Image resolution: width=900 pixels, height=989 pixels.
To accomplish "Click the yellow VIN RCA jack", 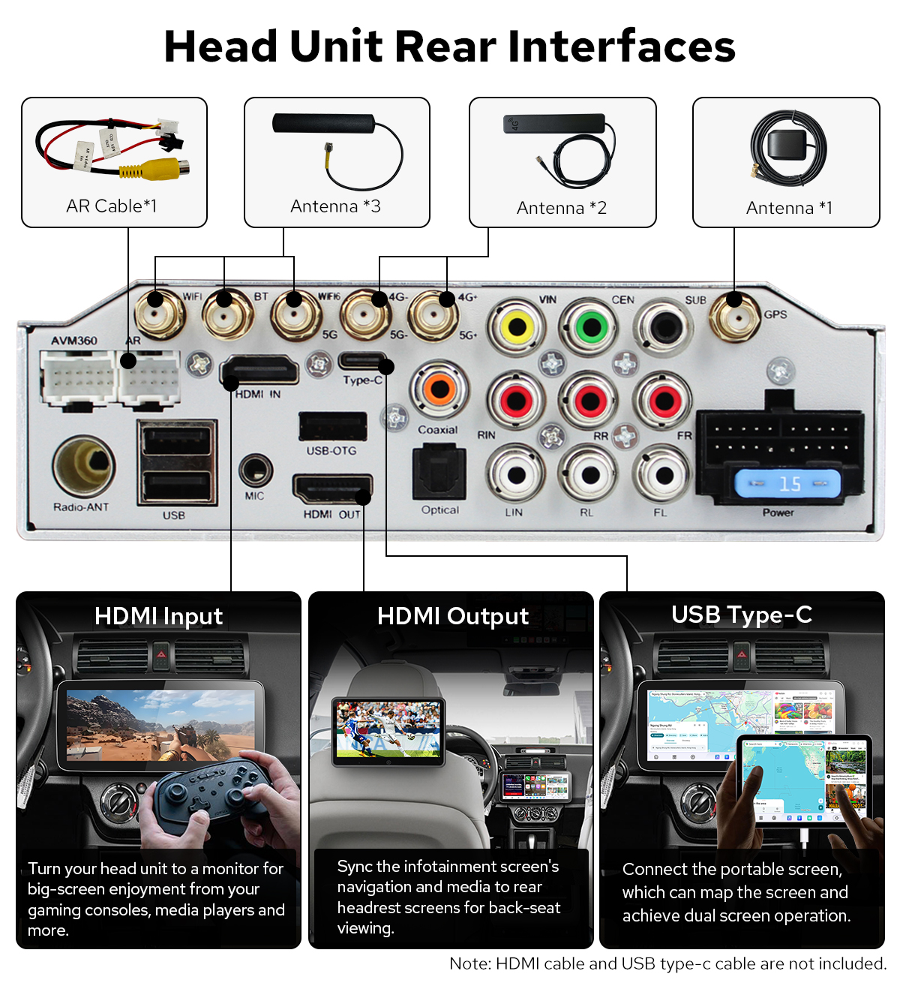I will click(x=516, y=327).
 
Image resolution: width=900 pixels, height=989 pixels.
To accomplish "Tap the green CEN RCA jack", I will click(x=590, y=327).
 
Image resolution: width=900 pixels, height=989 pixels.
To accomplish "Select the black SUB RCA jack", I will click(x=664, y=327).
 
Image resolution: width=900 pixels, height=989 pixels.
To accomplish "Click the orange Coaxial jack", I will click(x=439, y=389).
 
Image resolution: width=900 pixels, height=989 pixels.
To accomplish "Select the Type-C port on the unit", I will click(x=361, y=361).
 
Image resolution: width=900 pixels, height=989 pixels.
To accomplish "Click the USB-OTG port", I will click(x=332, y=427).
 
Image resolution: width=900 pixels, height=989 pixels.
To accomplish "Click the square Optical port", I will click(x=439, y=473).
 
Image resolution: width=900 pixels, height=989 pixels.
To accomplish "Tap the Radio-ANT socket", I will click(x=83, y=467).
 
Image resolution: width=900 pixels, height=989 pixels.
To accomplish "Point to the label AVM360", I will click(x=74, y=341).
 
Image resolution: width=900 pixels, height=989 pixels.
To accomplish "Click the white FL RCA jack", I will click(x=663, y=475).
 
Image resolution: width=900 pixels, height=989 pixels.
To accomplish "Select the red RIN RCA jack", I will click(x=516, y=401).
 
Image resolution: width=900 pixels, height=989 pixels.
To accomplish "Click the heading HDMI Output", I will click(x=452, y=616).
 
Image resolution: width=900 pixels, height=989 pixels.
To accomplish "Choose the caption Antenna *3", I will click(x=335, y=206).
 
